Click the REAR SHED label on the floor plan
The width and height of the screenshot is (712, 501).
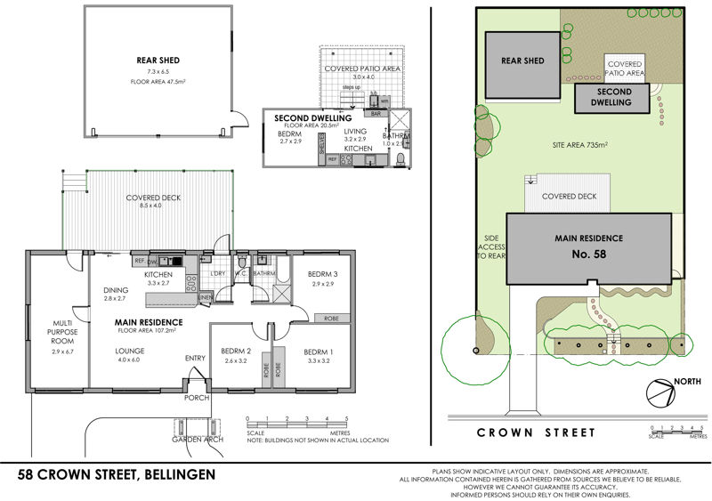coord(154,61)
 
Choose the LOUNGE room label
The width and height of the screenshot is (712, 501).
coord(130,352)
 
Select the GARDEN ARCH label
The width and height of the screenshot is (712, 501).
coord(195,439)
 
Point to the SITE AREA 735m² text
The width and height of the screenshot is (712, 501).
coord(579,144)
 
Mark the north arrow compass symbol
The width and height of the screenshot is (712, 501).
coord(659,392)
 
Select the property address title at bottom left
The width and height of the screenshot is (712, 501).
coord(117,475)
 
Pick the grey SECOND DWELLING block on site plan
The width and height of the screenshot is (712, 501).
coord(614,99)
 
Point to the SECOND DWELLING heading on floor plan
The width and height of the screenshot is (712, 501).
coord(312,117)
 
